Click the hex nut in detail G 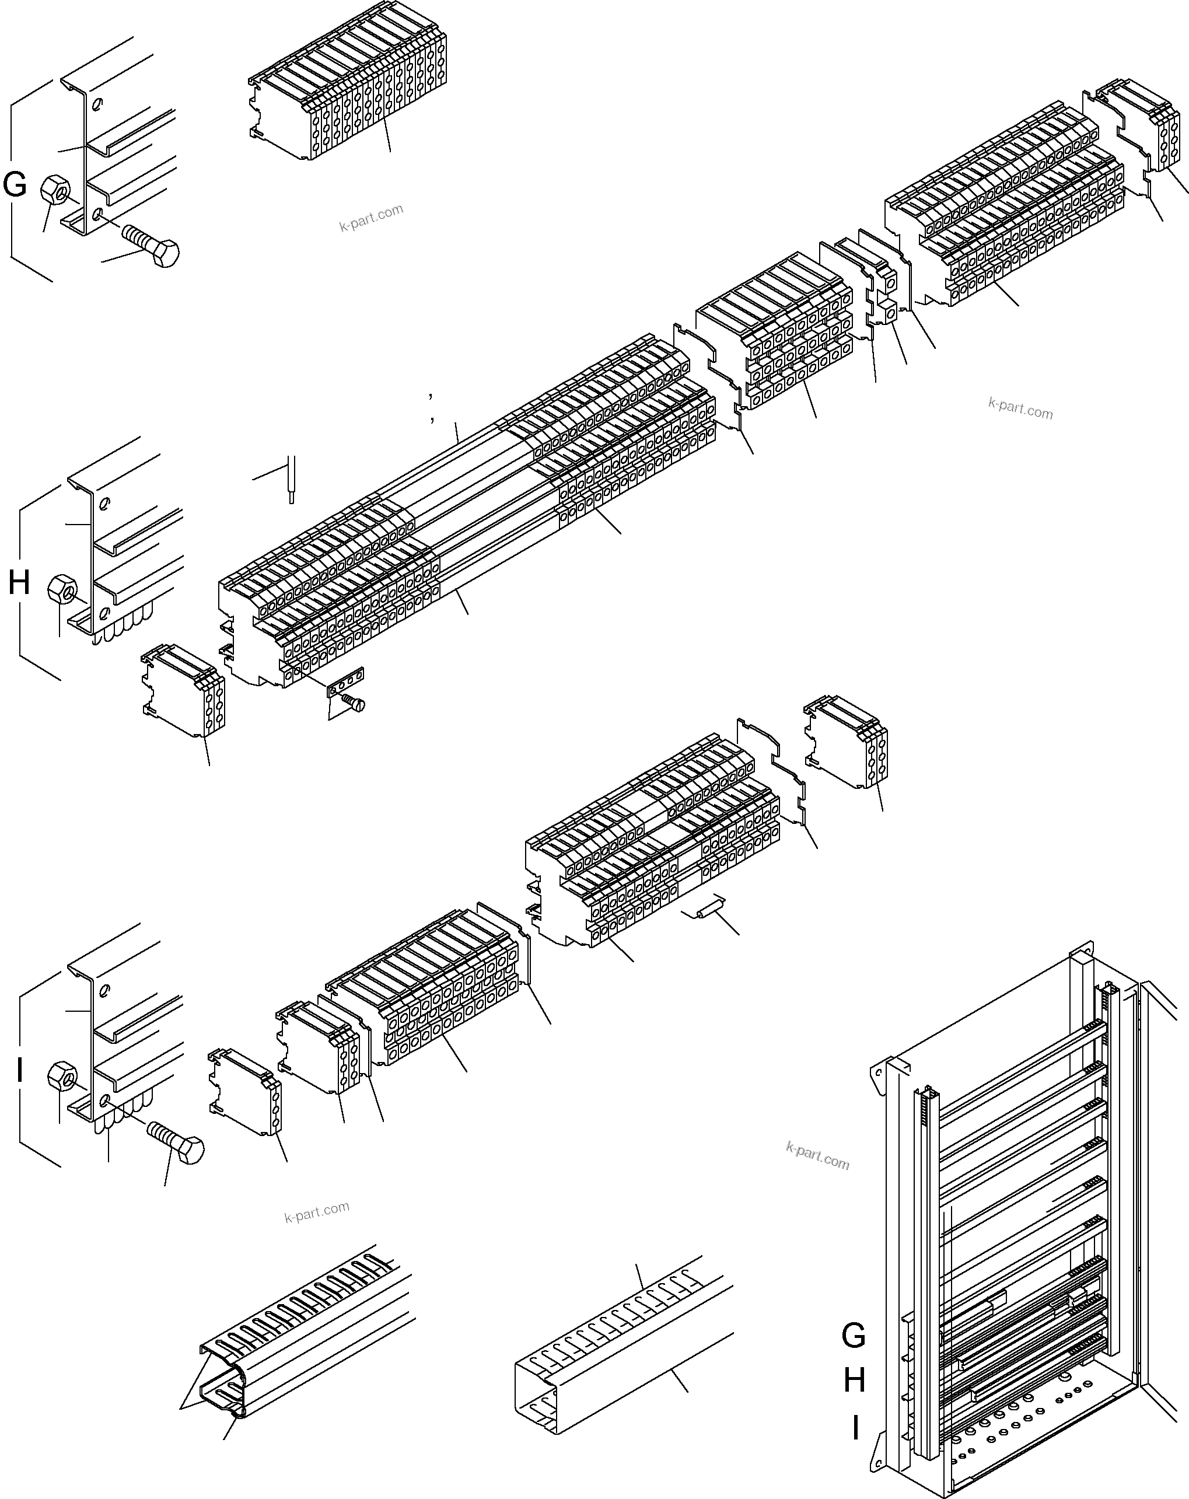coord(54,189)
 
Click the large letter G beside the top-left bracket coord(15,186)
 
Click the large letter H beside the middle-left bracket coord(19,583)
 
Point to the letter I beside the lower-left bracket coord(20,1071)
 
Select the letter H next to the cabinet coord(854,1380)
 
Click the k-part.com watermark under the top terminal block coord(371,218)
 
